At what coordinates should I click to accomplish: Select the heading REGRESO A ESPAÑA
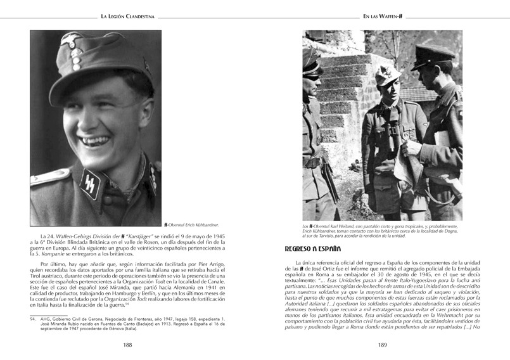click(313, 248)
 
